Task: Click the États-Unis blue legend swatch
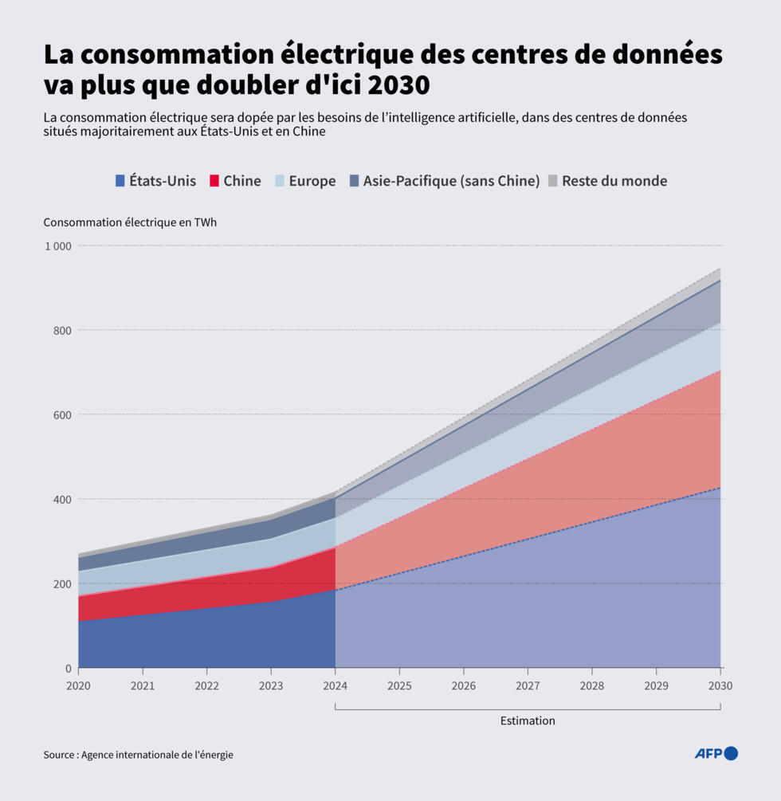120,181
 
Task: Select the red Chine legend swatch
214,181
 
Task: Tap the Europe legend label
312,181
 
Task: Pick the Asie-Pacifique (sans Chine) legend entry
451,181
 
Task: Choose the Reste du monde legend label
614,181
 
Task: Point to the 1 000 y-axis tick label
57,246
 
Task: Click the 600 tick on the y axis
62,414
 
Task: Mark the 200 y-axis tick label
62,583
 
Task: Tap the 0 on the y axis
68,668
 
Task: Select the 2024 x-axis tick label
335,685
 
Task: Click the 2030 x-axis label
720,685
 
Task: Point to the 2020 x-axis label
78,685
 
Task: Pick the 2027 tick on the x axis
528,685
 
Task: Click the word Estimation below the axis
528,721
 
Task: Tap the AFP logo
716,753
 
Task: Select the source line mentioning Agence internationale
139,754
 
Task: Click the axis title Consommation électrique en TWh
130,222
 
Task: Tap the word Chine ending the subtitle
308,132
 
